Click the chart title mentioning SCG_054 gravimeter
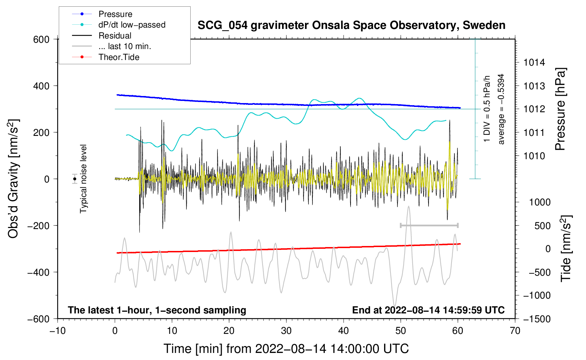[351, 25]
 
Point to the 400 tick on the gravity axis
[41, 86]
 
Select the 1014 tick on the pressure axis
[534, 63]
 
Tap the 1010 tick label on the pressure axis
[534, 156]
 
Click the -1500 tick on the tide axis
[537, 319]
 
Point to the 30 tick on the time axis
[286, 331]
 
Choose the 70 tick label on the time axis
[515, 331]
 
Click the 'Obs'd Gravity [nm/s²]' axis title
[13, 179]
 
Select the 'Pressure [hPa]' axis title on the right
[560, 109]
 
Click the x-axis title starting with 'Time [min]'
[286, 349]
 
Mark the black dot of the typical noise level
[75, 179]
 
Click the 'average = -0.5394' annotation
[501, 109]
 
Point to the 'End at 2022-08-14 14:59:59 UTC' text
[428, 310]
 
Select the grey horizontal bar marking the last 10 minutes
[429, 225]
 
